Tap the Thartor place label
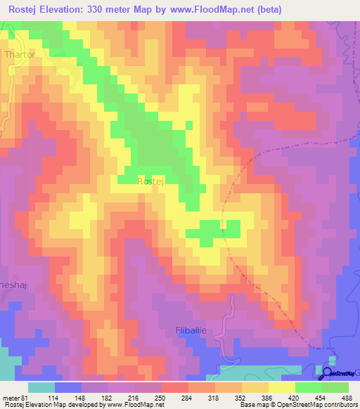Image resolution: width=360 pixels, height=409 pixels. pos(19,53)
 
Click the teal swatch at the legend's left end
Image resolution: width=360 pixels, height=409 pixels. pos(41,388)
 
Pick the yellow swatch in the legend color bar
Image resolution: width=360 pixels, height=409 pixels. pos(282,388)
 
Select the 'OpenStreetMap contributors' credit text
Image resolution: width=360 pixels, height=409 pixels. pos(316,405)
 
